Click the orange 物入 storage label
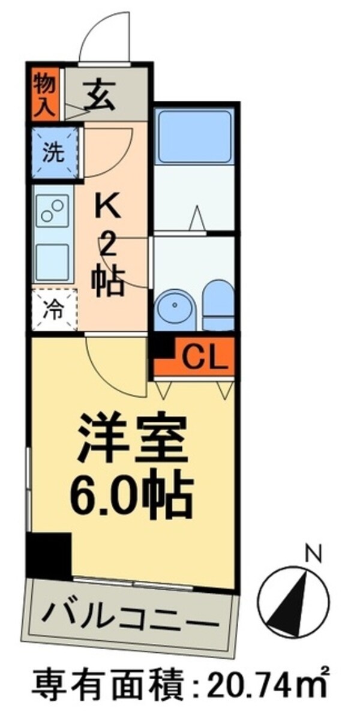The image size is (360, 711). (x=44, y=94)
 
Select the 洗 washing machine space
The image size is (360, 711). (x=55, y=152)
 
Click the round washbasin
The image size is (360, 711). (x=175, y=307)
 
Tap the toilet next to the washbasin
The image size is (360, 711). (x=217, y=306)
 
